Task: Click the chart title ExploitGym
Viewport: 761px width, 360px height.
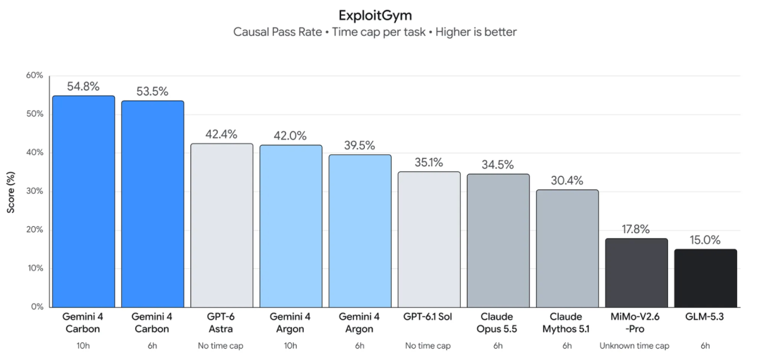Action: [375, 15]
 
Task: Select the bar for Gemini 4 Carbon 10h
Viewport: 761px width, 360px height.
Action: [83, 201]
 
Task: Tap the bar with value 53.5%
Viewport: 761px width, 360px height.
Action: [152, 204]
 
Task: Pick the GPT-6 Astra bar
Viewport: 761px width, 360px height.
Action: [222, 225]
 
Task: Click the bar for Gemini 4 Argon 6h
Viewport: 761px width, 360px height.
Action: [360, 231]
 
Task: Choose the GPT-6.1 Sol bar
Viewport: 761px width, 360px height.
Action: [430, 240]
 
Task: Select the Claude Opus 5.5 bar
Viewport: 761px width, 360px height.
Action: [498, 241]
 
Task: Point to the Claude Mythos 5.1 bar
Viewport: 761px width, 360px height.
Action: [567, 249]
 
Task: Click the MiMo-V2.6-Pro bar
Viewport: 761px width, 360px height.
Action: [637, 273]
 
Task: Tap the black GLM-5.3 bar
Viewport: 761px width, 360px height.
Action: [705, 278]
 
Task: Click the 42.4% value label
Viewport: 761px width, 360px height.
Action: [222, 135]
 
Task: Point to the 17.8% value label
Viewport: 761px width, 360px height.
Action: [637, 230]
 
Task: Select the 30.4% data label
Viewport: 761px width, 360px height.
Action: [567, 181]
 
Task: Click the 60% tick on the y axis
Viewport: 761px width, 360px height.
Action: [35, 75]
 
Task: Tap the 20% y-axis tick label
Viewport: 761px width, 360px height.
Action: [35, 230]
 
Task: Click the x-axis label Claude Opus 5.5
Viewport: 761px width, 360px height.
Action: [498, 323]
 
